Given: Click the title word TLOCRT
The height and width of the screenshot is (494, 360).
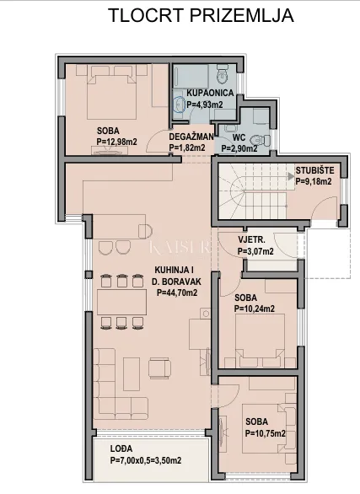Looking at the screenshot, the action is click(146, 15).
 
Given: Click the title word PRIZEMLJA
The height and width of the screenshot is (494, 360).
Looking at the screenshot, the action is click(242, 15).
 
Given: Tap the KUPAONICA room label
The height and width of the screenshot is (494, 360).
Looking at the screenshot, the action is click(210, 93).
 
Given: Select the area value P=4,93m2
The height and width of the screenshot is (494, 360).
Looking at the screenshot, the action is click(205, 105).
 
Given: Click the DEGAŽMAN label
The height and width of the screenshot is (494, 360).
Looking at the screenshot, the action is click(191, 137).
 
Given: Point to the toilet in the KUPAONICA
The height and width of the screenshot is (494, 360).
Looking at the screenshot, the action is click(223, 73).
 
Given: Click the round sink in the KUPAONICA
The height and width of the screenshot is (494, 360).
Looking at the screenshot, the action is click(180, 104).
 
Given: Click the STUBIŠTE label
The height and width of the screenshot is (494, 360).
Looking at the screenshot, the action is click(314, 171).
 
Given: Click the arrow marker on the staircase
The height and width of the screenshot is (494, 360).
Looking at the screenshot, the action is click(291, 176).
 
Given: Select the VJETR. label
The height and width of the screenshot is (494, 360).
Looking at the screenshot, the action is click(251, 239).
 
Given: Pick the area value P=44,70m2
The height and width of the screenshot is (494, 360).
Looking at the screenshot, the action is click(177, 293).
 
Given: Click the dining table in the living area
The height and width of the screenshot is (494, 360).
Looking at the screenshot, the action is click(121, 302).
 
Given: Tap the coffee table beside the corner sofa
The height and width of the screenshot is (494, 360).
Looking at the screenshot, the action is click(132, 374).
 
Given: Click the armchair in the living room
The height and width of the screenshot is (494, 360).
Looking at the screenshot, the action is click(160, 368).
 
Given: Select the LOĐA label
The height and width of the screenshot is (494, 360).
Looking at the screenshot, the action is click(121, 449).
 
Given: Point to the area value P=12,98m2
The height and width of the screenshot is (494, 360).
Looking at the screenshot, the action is click(117, 142).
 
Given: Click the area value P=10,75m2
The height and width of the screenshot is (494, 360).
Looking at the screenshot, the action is click(266, 433).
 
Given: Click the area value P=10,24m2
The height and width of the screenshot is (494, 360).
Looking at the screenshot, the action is click(255, 309).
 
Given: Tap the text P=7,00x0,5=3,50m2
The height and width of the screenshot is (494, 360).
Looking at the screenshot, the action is click(146, 460).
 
